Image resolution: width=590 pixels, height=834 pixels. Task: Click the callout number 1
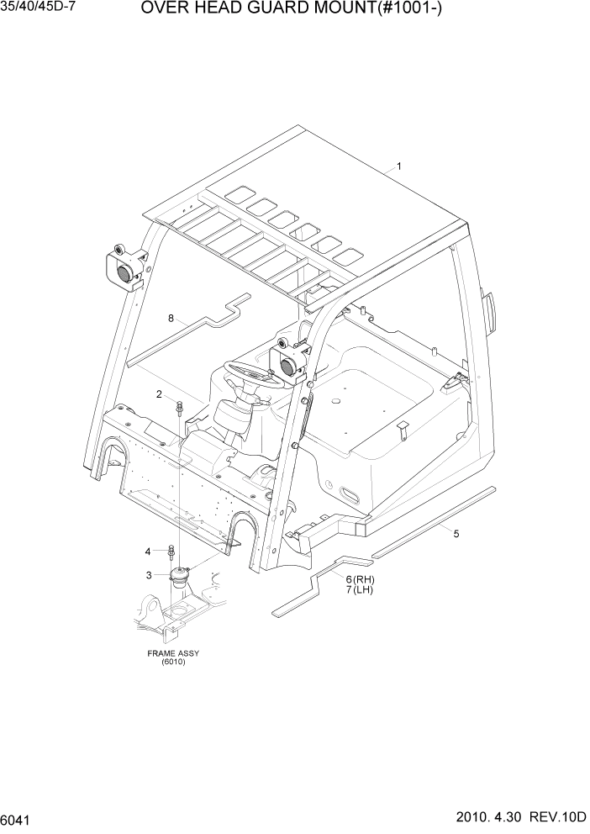[398, 166]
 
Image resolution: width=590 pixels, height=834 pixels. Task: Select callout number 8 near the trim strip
[171, 319]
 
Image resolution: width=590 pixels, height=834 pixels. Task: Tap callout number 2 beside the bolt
[158, 394]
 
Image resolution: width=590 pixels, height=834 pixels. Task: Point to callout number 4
[148, 552]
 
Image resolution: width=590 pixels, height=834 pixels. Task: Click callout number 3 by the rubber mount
[148, 575]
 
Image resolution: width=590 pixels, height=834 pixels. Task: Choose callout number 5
[456, 533]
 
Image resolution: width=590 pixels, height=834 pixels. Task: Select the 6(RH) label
[359, 579]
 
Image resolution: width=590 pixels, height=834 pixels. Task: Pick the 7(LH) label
[359, 590]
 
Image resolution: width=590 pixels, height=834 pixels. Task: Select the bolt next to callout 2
[180, 409]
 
